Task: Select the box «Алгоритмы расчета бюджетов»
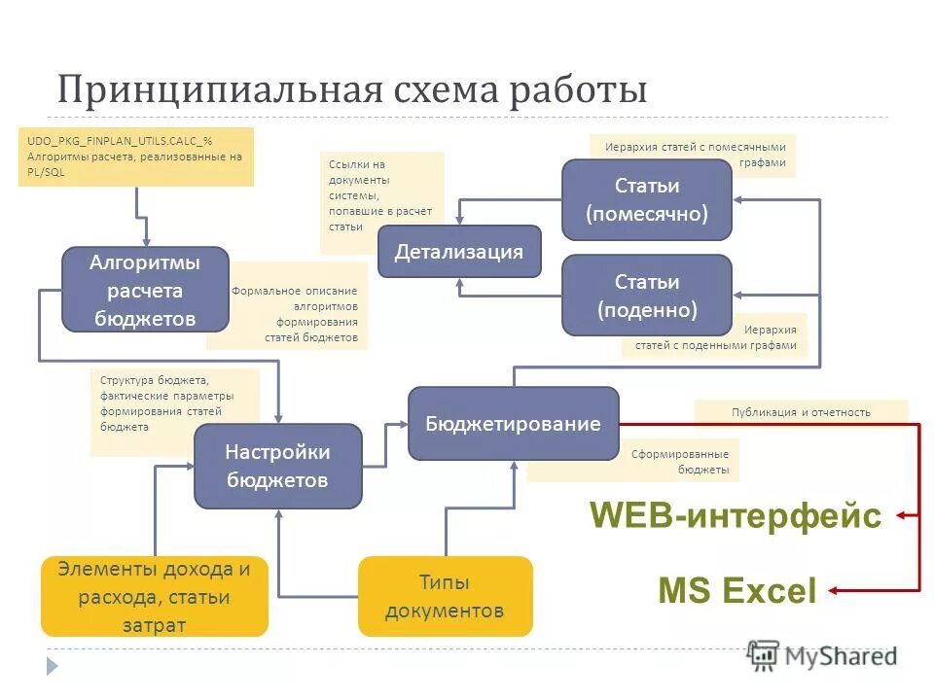[145, 290]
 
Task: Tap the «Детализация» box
[459, 252]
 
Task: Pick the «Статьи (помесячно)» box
[646, 199]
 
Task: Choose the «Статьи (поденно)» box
[646, 296]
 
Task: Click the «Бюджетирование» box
[513, 424]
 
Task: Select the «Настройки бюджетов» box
[277, 466]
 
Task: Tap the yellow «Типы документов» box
[445, 596]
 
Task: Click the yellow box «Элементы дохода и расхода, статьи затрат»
[154, 596]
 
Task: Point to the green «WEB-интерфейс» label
[736, 515]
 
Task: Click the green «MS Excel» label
[737, 590]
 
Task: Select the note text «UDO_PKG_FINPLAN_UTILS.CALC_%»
[120, 140]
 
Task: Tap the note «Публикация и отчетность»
[801, 411]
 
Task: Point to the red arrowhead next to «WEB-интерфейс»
[901, 515]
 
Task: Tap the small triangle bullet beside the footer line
[52, 665]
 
